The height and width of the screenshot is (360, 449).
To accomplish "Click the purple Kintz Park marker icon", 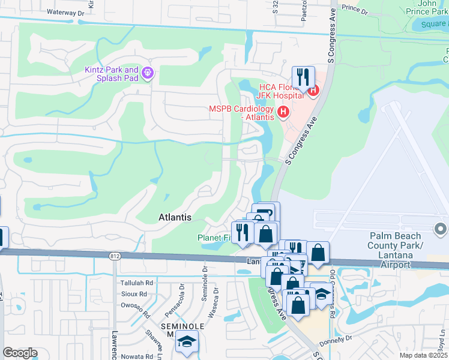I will click(147, 74).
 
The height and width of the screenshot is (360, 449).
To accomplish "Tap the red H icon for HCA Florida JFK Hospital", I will click(313, 91).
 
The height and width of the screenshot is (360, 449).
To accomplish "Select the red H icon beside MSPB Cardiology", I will click(283, 112).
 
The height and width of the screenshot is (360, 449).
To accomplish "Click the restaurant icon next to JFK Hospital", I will click(303, 77).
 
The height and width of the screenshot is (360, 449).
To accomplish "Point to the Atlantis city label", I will click(175, 217).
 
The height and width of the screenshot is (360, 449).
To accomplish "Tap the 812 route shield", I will click(114, 256).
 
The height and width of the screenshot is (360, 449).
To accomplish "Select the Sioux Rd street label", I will click(134, 294).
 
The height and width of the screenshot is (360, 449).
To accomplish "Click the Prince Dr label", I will click(354, 10).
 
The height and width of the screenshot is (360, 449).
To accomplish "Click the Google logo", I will click(20, 352).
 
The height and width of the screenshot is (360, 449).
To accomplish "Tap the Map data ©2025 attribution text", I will click(421, 355).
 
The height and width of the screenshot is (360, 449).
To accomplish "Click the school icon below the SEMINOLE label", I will click(187, 343).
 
